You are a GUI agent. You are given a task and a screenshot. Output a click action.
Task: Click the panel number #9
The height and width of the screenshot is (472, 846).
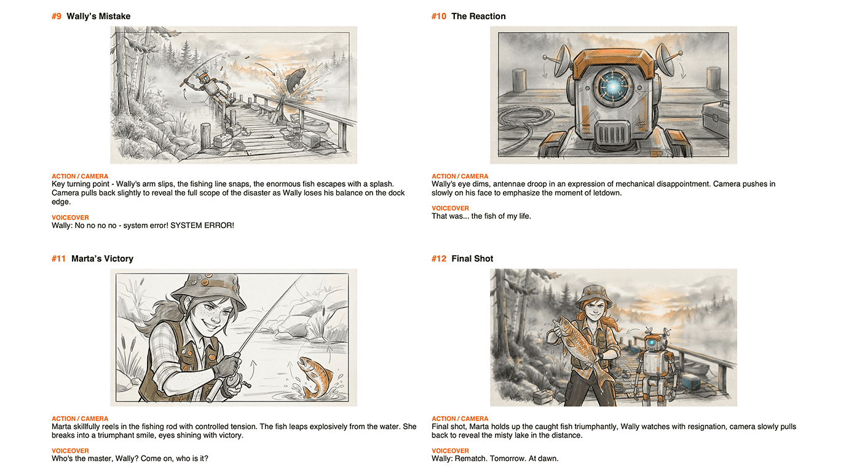point(57,16)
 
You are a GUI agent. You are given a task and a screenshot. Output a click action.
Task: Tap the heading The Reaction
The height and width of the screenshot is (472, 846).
point(478,16)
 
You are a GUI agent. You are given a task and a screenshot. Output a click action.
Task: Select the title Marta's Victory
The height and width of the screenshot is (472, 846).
point(102,259)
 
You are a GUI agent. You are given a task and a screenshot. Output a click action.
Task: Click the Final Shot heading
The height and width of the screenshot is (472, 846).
point(472,259)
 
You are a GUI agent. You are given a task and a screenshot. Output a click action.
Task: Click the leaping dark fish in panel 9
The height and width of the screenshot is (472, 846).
point(295,80)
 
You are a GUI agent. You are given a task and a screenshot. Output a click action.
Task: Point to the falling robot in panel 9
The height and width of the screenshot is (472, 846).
point(207,87)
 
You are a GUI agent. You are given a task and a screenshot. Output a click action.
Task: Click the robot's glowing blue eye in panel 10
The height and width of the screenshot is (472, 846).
point(612,87)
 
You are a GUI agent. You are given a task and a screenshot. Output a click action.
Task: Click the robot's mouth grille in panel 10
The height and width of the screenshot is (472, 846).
point(612,133)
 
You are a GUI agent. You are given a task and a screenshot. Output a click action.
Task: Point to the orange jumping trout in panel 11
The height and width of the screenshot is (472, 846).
point(315,377)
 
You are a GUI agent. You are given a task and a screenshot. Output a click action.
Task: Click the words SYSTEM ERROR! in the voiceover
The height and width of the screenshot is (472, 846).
point(202,226)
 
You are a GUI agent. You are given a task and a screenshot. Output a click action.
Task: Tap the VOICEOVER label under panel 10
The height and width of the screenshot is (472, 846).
point(450,208)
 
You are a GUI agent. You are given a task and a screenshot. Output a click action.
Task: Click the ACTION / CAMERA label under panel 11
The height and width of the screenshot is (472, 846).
point(80,419)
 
